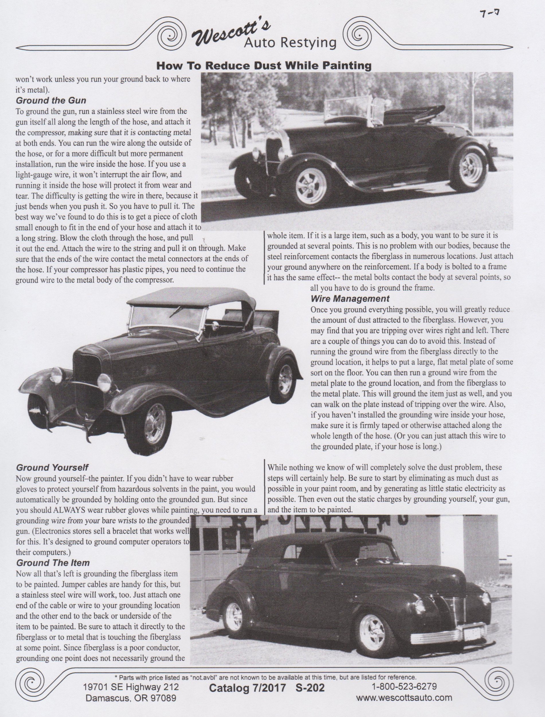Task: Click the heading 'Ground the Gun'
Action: click(51, 100)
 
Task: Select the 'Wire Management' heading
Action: click(350, 299)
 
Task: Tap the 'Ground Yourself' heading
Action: click(52, 467)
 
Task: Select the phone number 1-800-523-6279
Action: click(404, 686)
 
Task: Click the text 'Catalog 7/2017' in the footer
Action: click(248, 688)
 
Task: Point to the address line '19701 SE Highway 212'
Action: click(131, 687)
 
